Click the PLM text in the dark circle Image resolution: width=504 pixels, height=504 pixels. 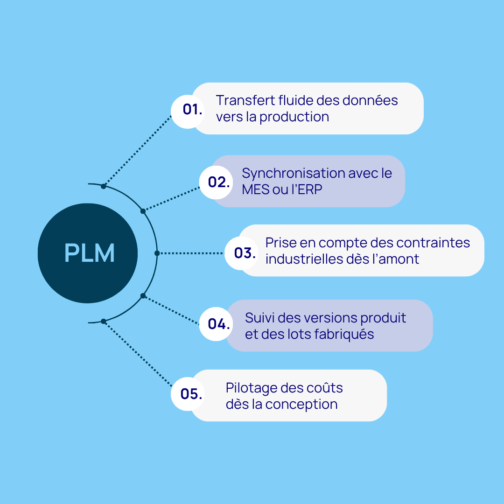(x=89, y=253)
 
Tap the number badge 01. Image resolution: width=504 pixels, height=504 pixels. (x=192, y=110)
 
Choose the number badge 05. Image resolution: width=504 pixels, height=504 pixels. (x=191, y=394)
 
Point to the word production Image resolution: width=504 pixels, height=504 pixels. (x=294, y=117)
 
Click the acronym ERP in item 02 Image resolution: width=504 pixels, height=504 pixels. (x=310, y=190)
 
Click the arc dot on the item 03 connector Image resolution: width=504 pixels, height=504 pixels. (x=157, y=253)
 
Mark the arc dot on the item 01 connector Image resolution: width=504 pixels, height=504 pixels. (x=104, y=186)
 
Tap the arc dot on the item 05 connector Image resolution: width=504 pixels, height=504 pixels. (x=104, y=321)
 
